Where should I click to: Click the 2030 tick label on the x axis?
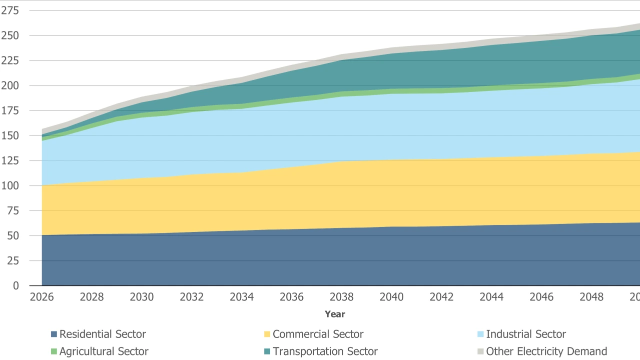tap(142, 297)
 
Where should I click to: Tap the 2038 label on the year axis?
tap(342, 297)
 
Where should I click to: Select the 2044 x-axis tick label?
tap(491, 297)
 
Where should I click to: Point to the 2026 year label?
tap(42, 297)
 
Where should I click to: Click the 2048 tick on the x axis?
tap(591, 297)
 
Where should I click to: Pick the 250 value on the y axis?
tap(10, 35)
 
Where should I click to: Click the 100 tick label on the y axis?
tap(10, 185)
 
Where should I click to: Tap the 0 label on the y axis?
tap(16, 285)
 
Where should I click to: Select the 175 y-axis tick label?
tap(10, 110)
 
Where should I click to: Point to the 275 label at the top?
tap(10, 10)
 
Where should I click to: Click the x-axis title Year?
tap(335, 314)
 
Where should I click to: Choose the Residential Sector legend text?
tap(103, 334)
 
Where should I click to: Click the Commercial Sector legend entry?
tap(318, 334)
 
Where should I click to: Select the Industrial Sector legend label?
tap(526, 334)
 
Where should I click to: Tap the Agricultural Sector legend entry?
tap(104, 351)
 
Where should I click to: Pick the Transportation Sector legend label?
tap(325, 351)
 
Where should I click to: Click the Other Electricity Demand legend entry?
tap(546, 351)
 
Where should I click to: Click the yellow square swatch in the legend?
tap(267, 334)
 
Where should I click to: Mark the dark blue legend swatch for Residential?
tap(54, 334)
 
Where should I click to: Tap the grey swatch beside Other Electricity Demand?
tap(481, 351)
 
